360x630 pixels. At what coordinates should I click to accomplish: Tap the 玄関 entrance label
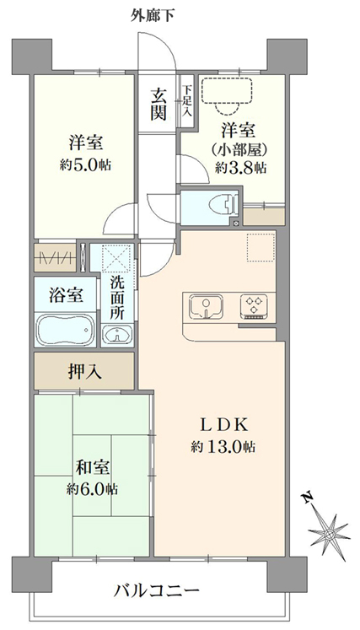(x=159, y=105)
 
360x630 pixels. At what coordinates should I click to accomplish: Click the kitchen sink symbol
(x=203, y=304)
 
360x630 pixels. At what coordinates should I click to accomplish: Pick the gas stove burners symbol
(x=254, y=305)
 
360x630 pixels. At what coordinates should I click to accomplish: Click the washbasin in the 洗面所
(x=117, y=335)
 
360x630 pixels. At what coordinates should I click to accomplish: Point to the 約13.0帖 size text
(x=223, y=446)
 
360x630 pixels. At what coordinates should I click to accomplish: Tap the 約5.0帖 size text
(x=83, y=164)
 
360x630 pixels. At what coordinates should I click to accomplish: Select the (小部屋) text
(x=240, y=149)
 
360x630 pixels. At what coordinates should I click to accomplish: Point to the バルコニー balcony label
(x=156, y=590)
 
